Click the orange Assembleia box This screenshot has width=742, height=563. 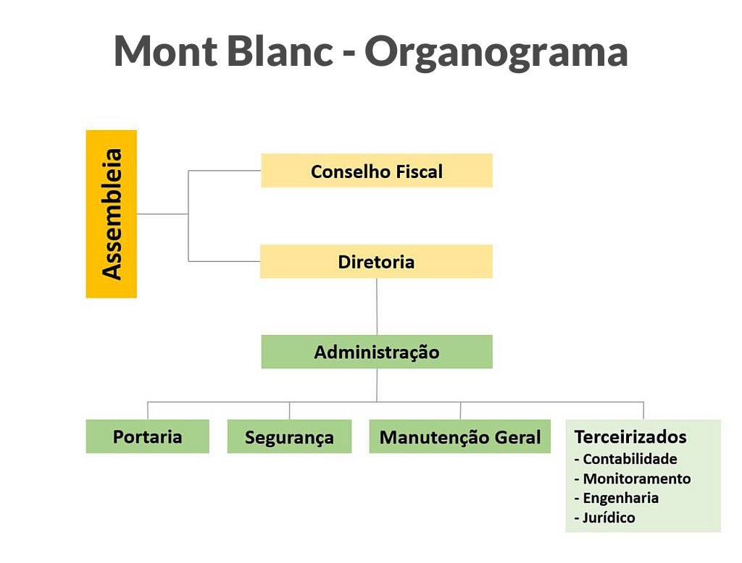coord(111,214)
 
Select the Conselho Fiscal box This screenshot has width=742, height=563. coord(377,171)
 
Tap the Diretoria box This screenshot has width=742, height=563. coord(376,261)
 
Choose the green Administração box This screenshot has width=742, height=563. coord(377,352)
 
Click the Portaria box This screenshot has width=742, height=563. coord(148,436)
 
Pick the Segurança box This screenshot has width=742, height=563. coord(290,436)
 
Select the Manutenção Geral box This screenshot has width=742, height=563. coord(460,436)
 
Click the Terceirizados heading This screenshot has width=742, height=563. coord(630,437)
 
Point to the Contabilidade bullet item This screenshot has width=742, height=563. coord(625,459)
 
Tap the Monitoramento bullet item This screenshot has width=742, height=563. coord(632,479)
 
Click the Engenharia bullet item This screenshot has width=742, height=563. coord(616,499)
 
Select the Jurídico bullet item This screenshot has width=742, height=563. coord(604,517)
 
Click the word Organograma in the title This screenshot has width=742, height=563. coord(496,52)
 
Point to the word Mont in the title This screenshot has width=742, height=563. coord(166,51)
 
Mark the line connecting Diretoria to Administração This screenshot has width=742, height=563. coord(377,307)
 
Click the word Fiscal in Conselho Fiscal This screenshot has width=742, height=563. coord(420,171)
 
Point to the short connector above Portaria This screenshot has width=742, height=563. coord(148,410)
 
